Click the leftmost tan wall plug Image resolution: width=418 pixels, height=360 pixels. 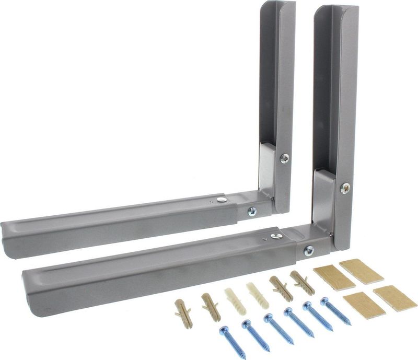point(183,313)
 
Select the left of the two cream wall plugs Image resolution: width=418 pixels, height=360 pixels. point(235,298)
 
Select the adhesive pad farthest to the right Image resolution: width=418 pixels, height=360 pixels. point(395,298)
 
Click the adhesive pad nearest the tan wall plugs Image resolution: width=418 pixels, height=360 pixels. point(334,277)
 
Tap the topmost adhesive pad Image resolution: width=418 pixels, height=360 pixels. point(362,271)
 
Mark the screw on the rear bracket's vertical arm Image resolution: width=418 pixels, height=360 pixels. point(285,158)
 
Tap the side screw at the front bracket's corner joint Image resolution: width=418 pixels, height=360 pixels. point(309,250)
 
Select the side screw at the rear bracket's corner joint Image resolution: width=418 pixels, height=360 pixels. point(252,212)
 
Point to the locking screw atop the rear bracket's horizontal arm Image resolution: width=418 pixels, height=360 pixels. point(222,199)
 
